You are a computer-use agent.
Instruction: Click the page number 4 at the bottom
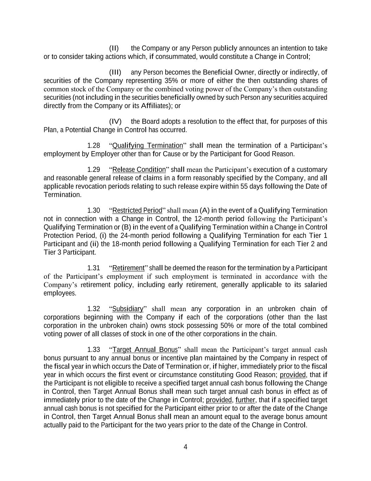point(185,447)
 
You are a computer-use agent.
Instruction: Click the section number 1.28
point(94,146)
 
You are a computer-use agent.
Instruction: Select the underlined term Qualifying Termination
point(148,146)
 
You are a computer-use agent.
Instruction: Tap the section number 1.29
point(94,169)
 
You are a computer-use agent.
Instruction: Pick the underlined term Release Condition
point(139,169)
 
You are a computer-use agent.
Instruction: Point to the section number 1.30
point(94,210)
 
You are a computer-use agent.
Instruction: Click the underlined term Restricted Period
point(137,210)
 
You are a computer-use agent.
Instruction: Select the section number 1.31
point(94,268)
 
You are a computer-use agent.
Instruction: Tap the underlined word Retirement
point(128,268)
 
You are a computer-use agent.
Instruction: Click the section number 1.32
point(94,309)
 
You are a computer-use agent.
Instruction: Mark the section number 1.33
point(94,350)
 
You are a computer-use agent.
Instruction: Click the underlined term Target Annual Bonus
point(145,350)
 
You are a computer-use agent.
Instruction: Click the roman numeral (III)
point(115,73)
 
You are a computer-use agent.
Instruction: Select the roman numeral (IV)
point(115,122)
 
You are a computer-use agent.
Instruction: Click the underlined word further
point(245,400)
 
